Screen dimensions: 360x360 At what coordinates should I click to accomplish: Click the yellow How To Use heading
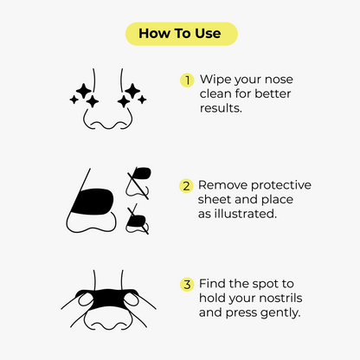[180, 34]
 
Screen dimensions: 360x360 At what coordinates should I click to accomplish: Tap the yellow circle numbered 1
[186, 80]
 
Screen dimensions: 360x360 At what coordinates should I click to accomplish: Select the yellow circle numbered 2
[186, 185]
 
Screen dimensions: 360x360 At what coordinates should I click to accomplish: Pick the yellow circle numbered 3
[186, 284]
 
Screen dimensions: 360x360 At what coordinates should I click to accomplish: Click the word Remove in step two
[224, 185]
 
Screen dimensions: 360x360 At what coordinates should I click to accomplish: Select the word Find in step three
[214, 284]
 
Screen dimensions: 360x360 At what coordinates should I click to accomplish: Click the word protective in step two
[281, 185]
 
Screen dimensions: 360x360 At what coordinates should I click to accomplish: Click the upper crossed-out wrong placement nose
[138, 179]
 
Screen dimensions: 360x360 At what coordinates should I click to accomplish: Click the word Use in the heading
[209, 34]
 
